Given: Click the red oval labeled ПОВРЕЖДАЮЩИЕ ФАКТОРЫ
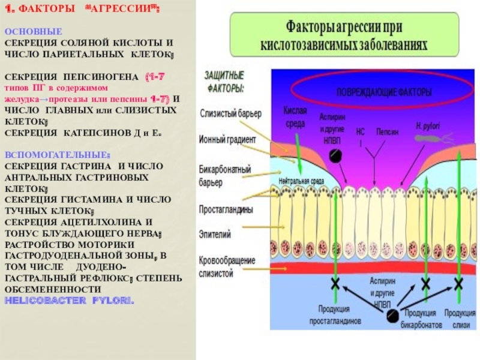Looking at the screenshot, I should tap(374, 94).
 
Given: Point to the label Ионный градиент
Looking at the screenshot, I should tap(227, 139).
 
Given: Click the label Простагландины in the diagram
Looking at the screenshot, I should tap(226, 210).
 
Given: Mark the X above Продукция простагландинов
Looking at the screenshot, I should tap(335, 283).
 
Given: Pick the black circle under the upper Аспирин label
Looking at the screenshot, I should tap(335, 155).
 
